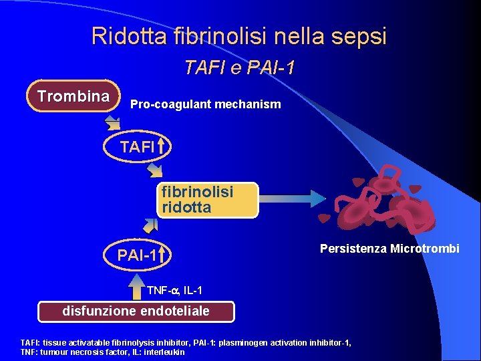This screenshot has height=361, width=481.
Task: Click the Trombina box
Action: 73,96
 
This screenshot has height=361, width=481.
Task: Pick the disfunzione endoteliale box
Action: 136,312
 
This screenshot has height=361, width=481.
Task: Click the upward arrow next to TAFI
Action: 162,146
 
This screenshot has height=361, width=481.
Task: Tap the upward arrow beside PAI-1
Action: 162,255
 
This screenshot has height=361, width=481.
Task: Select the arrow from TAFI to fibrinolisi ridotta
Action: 155,170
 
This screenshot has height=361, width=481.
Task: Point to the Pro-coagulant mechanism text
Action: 205,105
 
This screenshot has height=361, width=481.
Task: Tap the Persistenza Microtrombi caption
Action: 389,249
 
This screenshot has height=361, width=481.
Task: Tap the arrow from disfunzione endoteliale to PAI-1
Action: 136,284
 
